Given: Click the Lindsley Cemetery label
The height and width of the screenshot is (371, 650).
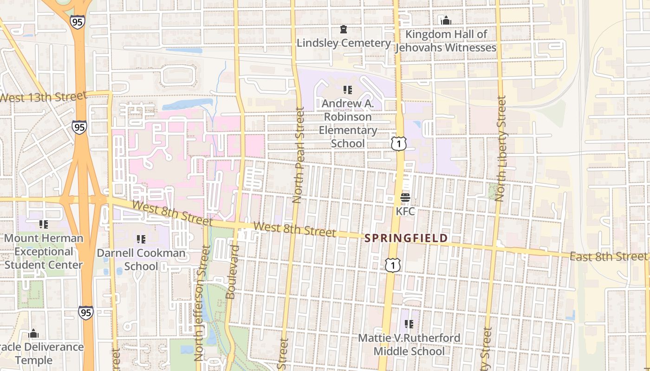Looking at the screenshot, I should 344,43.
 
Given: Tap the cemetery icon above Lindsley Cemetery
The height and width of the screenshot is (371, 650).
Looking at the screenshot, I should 344,30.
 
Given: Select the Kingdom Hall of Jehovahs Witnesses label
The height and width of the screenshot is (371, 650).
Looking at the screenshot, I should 446,41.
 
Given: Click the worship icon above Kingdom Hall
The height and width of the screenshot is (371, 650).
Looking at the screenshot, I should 446,20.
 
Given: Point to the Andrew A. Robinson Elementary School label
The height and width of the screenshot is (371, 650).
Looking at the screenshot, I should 348,123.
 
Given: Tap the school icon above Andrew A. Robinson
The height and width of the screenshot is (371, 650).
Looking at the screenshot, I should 348,90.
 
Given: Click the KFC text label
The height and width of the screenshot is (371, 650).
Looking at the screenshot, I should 405,211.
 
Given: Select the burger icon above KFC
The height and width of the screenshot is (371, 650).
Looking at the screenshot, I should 405,198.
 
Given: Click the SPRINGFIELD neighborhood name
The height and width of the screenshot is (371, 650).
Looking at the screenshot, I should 406,238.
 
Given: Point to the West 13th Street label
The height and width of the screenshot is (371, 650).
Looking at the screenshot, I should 43,97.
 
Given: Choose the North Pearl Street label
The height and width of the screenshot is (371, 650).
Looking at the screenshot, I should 299,155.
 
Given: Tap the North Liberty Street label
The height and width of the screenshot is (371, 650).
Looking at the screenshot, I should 500,148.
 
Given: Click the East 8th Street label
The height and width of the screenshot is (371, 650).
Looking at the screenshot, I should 608,256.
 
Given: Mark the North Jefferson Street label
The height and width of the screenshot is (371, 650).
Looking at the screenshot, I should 200,304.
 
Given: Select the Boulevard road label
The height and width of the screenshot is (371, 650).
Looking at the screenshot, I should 232,272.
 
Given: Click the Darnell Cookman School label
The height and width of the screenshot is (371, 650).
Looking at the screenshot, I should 141,260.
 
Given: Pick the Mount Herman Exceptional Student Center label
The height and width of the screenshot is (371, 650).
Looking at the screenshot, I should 44,251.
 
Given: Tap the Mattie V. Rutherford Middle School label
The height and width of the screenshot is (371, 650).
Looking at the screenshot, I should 409,344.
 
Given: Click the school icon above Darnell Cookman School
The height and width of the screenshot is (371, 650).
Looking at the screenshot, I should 141,239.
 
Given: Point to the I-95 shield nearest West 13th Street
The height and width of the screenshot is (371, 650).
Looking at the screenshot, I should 79,127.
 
